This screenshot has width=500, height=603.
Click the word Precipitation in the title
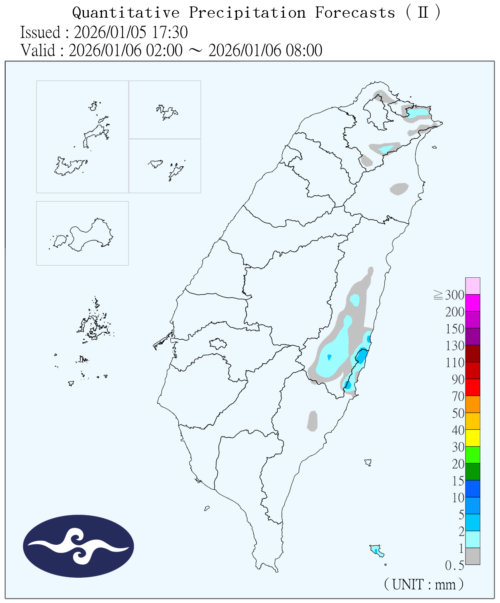[x=247, y=13]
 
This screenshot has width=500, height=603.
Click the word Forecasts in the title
[x=355, y=13]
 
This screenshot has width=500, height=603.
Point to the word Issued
[x=40, y=33]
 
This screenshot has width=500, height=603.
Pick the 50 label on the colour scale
[x=458, y=413]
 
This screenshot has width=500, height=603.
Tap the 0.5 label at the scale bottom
[x=454, y=566]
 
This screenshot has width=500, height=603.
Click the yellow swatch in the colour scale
[x=473, y=438]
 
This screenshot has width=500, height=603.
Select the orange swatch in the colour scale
[x=473, y=404]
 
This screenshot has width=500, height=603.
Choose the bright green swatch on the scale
[x=473, y=455]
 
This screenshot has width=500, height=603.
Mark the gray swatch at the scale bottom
[x=473, y=556]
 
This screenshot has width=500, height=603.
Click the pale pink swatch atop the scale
[x=473, y=286]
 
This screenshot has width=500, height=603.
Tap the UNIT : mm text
[x=424, y=584]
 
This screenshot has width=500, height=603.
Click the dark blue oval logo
[x=78, y=546]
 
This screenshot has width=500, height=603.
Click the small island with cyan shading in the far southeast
[x=376, y=550]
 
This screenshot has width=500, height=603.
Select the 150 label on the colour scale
[x=455, y=329]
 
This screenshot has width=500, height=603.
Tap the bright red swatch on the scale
[x=473, y=387]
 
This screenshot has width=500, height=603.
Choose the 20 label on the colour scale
[x=458, y=464]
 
